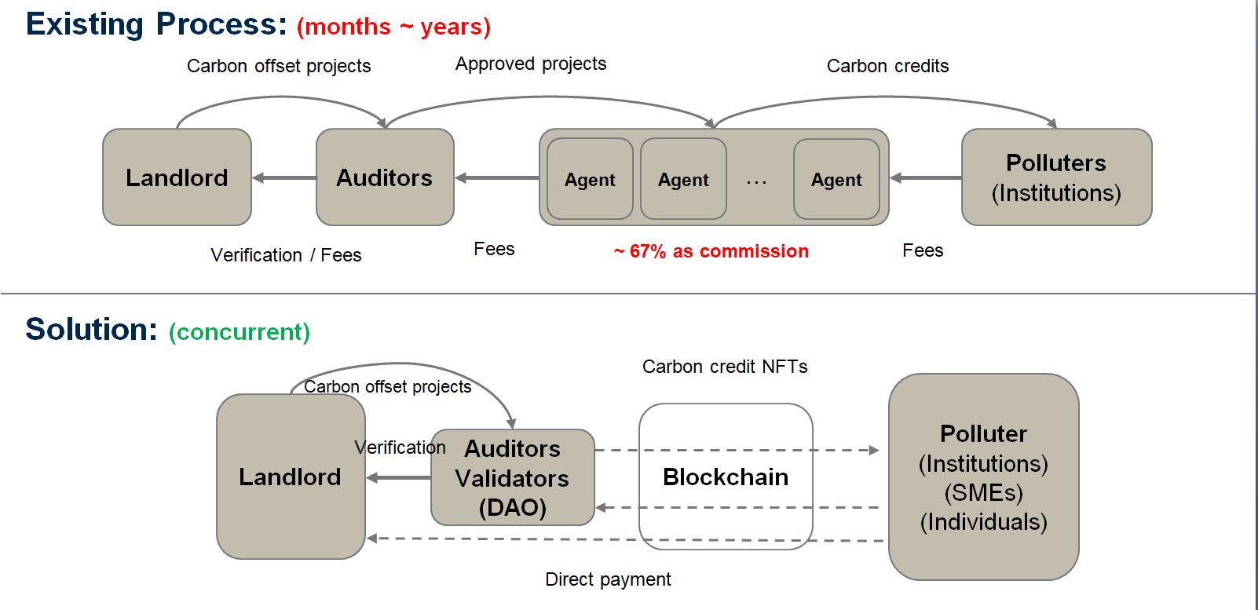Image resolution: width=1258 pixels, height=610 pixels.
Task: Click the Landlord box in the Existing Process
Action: pos(177,177)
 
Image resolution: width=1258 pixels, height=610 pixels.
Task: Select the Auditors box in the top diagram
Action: pos(384,177)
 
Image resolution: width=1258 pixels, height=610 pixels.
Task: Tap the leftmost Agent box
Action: pos(590,180)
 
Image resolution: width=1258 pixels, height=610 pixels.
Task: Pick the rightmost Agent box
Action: pos(836,180)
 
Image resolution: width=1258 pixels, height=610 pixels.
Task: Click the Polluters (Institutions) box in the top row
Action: pos(1056,177)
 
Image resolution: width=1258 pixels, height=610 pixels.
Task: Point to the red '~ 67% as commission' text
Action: pos(711,251)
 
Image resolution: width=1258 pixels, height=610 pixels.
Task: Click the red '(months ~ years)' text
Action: pos(393,27)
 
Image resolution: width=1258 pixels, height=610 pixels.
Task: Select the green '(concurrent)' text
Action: pos(240,332)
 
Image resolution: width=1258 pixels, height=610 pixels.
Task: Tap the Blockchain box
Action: pos(726,477)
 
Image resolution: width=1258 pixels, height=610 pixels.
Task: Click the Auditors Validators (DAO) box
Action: pos(512,477)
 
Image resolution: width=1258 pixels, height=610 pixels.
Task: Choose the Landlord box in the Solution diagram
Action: pos(290,477)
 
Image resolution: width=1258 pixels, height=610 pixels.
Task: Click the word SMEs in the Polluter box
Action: pos(983,493)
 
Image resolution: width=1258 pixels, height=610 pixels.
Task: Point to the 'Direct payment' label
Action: pos(608,579)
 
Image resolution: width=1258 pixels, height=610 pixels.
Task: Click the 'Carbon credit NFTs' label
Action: pos(725,367)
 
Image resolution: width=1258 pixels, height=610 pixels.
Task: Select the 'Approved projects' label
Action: pos(531,64)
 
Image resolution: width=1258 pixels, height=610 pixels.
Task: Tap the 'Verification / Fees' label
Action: pos(286,255)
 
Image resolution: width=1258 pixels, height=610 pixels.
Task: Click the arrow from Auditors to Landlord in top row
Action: pos(284,178)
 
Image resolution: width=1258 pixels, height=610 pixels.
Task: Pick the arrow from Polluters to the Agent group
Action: pos(926,178)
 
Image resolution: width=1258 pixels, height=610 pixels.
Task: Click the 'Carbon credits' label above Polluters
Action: pos(887,66)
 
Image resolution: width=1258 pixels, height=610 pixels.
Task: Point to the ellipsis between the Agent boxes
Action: pos(756,181)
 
